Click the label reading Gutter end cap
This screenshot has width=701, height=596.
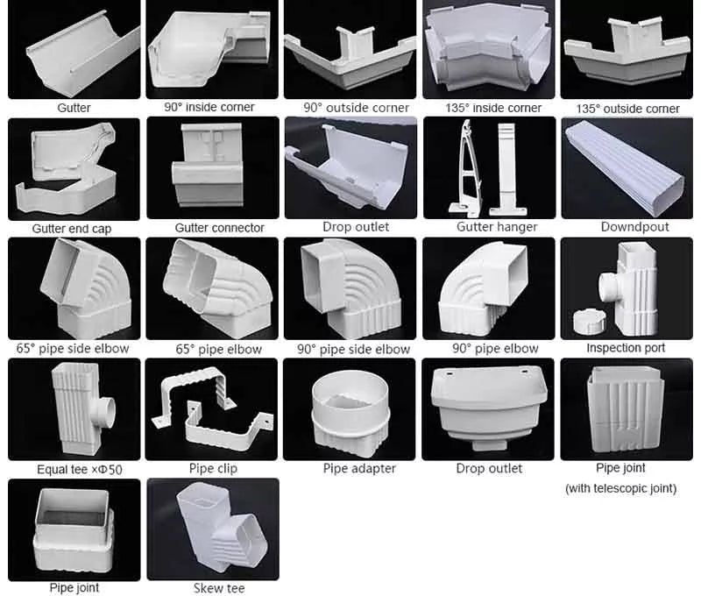[x=72, y=229]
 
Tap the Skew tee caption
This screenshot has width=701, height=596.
[x=219, y=588]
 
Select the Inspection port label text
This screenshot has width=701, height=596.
[x=626, y=348]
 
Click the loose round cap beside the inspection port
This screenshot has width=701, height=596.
[x=590, y=320]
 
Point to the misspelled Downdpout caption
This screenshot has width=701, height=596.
[x=634, y=227]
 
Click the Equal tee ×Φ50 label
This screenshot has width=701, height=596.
[x=80, y=470]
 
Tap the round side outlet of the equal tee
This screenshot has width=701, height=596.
[x=105, y=409]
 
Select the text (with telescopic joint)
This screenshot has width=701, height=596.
[x=620, y=488]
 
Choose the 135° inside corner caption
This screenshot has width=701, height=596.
[x=493, y=108]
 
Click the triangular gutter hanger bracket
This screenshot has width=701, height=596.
[x=467, y=170]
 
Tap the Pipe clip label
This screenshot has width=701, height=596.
[x=213, y=468]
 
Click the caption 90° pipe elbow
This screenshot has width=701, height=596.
[x=495, y=348]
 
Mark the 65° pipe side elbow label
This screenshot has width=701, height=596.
[x=73, y=348]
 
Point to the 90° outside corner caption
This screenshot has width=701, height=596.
[x=356, y=108]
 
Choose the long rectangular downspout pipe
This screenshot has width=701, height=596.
[x=626, y=167]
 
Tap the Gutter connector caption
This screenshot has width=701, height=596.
[x=220, y=228]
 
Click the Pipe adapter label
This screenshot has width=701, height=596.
[x=359, y=468]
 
